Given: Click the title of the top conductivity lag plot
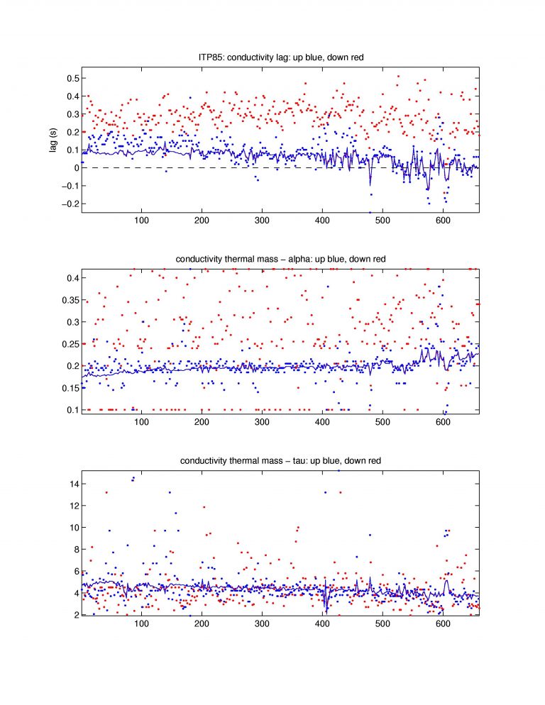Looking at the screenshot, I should [280, 57].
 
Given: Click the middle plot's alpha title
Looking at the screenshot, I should [280, 259].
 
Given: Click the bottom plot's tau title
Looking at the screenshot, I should [280, 460].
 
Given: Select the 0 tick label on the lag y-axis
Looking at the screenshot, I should [72, 168].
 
